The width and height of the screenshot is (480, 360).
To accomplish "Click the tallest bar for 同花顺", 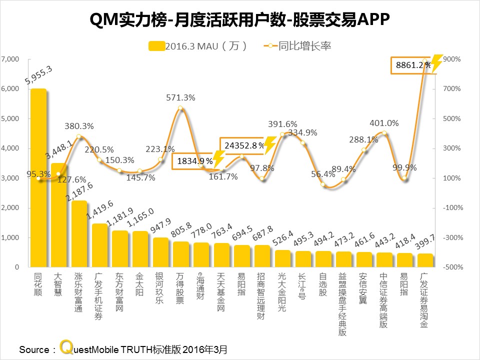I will [x=38, y=177].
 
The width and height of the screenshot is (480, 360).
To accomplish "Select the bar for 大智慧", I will [x=58, y=215].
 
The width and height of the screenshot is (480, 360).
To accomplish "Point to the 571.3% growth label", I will [x=180, y=98].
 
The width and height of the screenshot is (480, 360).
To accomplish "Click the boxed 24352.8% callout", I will [x=244, y=145].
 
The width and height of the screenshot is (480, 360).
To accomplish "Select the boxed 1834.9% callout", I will [x=193, y=161].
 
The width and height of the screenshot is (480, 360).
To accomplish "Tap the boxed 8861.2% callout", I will [x=413, y=65].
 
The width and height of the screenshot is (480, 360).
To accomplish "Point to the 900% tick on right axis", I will [x=451, y=59].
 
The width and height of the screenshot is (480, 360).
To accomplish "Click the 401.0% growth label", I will [x=384, y=123].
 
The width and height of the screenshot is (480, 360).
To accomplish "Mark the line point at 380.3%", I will [x=79, y=136].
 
